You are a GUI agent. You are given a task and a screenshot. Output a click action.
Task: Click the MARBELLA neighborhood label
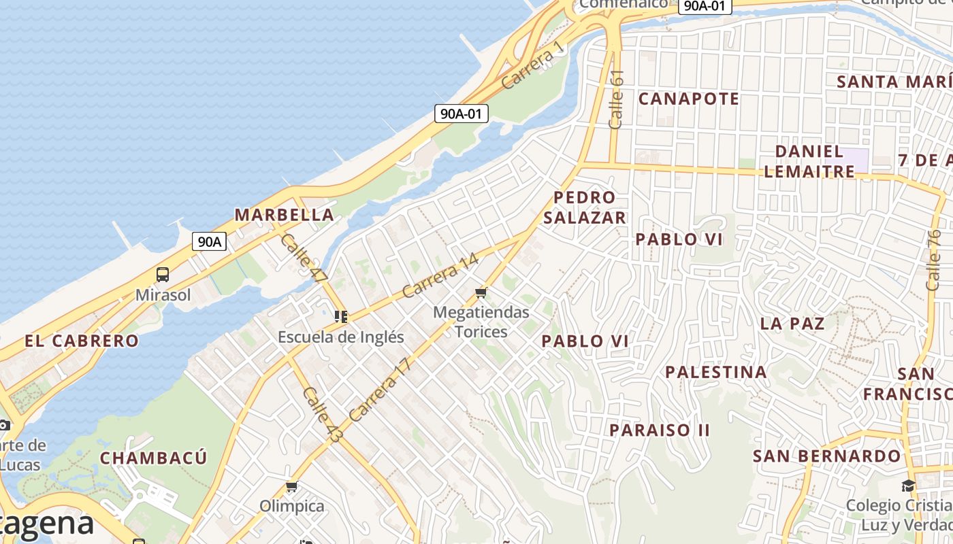(x=284, y=215)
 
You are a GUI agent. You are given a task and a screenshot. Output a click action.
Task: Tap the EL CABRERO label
(x=82, y=341)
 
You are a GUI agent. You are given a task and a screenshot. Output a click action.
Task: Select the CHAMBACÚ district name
(x=153, y=458)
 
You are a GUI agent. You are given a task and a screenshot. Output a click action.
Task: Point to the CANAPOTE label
(x=688, y=99)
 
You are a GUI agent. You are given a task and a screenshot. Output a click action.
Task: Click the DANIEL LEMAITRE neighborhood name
(x=809, y=161)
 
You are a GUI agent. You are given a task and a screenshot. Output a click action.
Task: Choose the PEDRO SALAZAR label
(x=584, y=207)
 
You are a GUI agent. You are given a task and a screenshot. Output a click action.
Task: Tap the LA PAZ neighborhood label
(x=792, y=323)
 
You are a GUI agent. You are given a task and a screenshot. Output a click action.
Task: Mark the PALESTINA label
(x=715, y=372)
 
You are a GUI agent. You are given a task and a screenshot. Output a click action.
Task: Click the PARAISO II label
(x=659, y=430)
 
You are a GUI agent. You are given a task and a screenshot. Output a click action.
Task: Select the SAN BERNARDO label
(x=826, y=456)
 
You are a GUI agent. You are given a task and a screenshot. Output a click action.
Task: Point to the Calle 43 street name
(x=321, y=415)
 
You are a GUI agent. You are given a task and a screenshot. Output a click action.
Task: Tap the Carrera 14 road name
(x=440, y=275)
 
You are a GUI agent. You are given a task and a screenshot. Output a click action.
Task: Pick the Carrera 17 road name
(x=380, y=390)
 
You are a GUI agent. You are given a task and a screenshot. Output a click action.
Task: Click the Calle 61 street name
(x=616, y=99)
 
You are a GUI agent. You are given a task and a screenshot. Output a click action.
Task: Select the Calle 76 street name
(x=933, y=260)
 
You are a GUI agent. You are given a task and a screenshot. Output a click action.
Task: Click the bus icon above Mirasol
(x=163, y=275)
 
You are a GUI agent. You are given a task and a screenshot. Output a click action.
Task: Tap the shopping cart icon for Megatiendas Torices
(x=481, y=292)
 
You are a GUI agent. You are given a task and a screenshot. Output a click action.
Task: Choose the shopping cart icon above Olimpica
(x=292, y=486)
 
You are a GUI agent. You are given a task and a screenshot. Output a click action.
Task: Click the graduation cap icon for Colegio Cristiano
(x=908, y=486)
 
